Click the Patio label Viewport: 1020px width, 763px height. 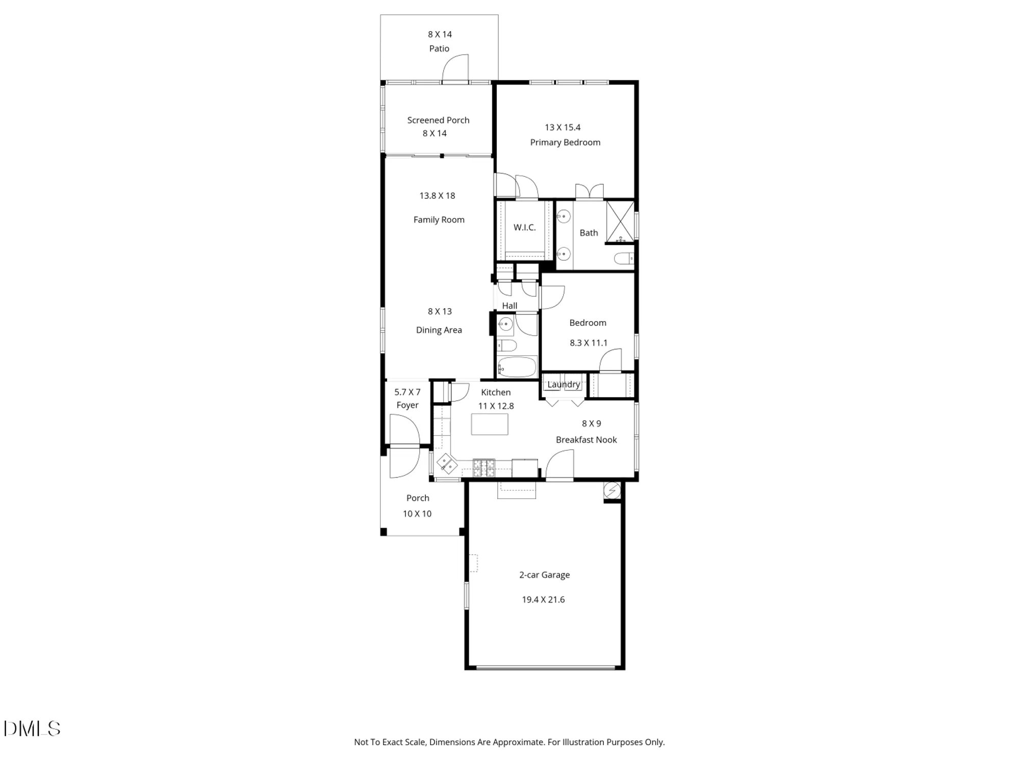point(439,49)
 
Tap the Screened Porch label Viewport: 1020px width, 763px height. point(438,120)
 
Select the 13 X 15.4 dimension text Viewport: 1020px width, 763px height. point(563,127)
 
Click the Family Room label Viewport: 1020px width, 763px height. point(439,220)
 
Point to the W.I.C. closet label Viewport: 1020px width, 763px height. point(524,227)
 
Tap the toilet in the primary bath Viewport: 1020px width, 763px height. point(623,259)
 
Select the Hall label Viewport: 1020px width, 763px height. point(509,306)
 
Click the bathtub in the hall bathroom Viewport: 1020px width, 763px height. point(517,366)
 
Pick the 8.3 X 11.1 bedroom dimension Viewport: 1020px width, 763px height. point(589,343)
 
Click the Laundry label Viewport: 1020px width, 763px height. point(564,384)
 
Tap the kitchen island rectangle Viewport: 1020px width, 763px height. point(490,424)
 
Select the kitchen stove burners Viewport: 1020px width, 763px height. point(484,467)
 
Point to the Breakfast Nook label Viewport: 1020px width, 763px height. point(586,440)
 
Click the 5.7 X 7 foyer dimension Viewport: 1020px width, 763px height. point(407,392)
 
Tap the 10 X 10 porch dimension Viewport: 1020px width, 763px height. point(417,514)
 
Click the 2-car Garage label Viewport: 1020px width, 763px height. point(544,575)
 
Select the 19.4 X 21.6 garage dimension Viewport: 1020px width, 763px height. point(543,600)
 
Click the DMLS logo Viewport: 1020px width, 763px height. point(32,729)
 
